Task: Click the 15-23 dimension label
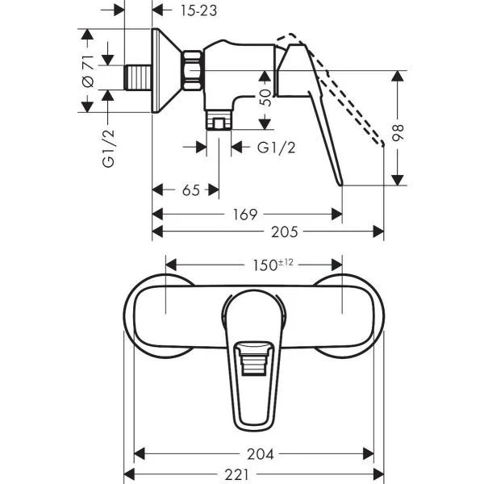[198, 10]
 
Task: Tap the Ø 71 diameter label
[88, 71]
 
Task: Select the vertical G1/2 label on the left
[108, 148]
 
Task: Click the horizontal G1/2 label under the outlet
[276, 148]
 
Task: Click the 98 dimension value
[397, 133]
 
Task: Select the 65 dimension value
[190, 190]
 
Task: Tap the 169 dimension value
[244, 215]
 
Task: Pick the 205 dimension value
[285, 232]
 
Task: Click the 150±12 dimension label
[273, 265]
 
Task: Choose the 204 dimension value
[261, 454]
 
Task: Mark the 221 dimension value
[236, 474]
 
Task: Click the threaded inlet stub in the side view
[138, 77]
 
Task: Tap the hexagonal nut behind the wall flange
[193, 70]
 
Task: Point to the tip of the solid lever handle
[341, 185]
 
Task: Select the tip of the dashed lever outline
[383, 144]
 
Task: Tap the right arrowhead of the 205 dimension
[378, 232]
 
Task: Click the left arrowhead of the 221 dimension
[129, 474]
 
